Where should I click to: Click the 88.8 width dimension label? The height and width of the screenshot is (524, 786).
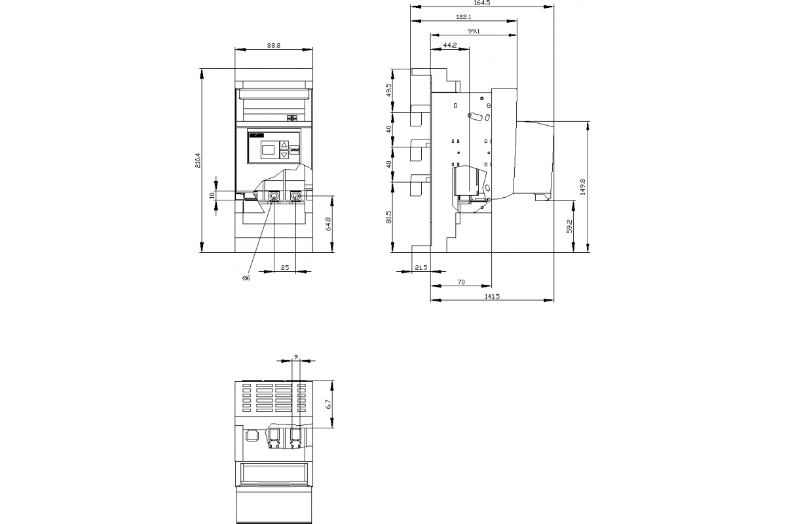click(x=273, y=45)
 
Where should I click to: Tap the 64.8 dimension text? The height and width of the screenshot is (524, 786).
click(x=328, y=223)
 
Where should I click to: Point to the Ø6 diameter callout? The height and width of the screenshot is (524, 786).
click(x=246, y=278)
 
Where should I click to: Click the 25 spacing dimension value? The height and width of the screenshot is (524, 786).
click(x=285, y=267)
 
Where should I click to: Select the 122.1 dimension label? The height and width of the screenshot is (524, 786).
click(x=464, y=17)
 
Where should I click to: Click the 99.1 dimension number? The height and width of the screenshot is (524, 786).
click(x=474, y=31)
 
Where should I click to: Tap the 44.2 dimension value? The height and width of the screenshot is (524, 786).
click(x=450, y=45)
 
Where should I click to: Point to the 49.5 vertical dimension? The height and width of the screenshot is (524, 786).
click(x=388, y=90)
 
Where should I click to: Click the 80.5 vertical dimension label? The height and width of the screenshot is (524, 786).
click(x=388, y=217)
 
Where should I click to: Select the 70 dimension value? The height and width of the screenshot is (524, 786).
click(x=461, y=282)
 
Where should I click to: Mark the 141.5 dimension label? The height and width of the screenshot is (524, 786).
click(x=492, y=296)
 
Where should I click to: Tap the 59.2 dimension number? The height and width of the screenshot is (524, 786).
click(x=570, y=227)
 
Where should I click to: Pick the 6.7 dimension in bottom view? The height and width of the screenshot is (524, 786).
click(x=329, y=404)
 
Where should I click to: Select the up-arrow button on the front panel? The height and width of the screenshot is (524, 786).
click(x=284, y=144)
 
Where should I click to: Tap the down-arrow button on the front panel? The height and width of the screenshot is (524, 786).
click(x=284, y=155)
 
